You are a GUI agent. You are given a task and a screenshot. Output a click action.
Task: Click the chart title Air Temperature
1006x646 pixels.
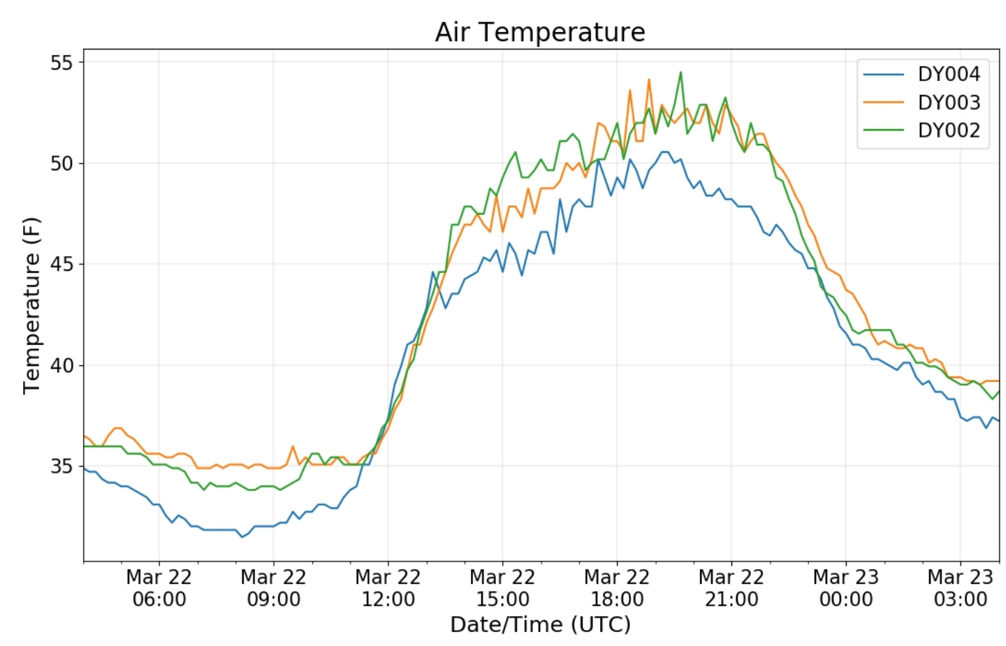(540, 32)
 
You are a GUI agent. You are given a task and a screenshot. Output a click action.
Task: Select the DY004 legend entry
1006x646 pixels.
(922, 74)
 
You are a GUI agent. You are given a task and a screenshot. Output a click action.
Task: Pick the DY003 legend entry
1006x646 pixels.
(922, 103)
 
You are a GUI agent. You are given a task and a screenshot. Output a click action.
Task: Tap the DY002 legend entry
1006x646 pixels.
(922, 131)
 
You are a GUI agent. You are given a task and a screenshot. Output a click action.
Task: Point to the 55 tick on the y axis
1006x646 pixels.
(61, 63)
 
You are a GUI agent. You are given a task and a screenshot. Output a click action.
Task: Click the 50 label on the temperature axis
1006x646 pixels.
(61, 163)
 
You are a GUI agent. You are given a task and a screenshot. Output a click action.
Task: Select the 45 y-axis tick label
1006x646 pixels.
(61, 265)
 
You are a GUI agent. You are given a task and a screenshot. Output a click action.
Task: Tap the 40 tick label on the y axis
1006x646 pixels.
(61, 365)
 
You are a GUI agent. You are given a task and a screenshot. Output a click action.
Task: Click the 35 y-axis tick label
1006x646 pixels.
(61, 467)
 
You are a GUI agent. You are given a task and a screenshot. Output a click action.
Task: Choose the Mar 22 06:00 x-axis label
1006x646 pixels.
(159, 588)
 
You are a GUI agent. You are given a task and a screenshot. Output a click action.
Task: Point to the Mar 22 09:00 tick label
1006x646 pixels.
(274, 588)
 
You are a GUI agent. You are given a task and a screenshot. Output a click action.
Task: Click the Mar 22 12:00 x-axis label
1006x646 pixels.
(388, 588)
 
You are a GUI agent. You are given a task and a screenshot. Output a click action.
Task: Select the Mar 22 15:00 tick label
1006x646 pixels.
(502, 588)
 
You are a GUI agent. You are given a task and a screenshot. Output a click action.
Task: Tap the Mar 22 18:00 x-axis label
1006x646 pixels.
(617, 588)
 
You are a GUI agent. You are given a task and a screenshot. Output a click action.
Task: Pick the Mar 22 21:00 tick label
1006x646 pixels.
(731, 588)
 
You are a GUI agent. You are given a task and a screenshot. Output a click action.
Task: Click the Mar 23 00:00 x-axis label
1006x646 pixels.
(846, 588)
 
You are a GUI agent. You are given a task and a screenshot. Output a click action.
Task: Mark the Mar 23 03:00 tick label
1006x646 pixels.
(961, 588)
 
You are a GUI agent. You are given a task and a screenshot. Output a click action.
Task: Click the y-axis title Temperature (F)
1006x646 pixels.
(31, 306)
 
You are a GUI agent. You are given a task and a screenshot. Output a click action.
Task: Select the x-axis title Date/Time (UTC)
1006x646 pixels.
(540, 625)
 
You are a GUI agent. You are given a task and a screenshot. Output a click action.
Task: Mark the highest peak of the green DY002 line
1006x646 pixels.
(681, 72)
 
